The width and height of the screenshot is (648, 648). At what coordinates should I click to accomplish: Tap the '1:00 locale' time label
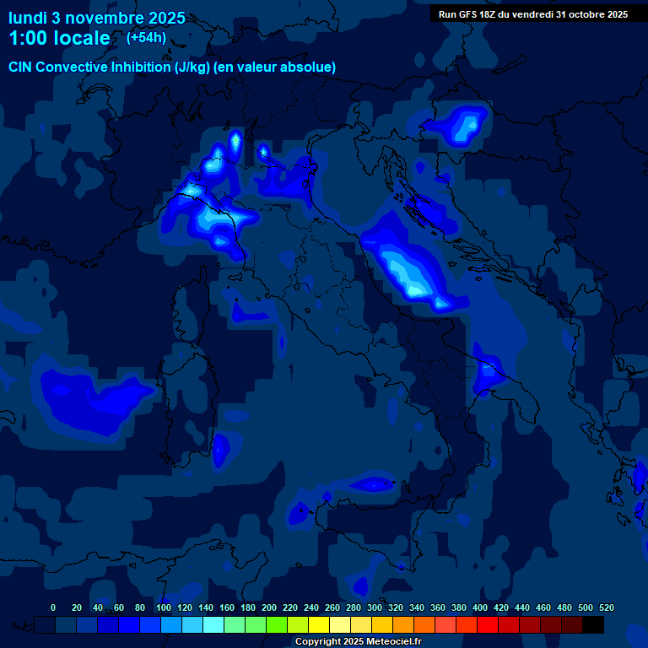point(60,38)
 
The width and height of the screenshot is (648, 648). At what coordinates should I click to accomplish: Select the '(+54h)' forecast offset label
point(146,37)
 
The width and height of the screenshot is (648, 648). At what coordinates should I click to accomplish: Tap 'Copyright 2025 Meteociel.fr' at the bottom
point(358,641)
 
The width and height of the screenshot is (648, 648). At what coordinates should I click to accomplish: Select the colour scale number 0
point(53,607)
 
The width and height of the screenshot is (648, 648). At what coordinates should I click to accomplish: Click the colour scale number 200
point(269,607)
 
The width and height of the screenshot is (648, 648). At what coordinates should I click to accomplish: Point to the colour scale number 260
point(332,607)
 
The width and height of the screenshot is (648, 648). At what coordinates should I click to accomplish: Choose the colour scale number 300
point(375,607)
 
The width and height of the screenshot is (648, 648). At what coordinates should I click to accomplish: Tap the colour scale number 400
point(480,607)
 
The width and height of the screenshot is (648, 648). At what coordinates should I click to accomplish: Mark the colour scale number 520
point(607,607)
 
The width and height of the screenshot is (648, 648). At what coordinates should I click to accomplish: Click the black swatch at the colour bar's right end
point(593,624)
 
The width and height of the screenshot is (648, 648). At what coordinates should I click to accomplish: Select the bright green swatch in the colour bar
point(277,624)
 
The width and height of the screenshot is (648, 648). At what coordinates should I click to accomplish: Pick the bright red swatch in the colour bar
point(488,624)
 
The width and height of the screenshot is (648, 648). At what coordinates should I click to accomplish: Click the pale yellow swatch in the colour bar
point(340,624)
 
